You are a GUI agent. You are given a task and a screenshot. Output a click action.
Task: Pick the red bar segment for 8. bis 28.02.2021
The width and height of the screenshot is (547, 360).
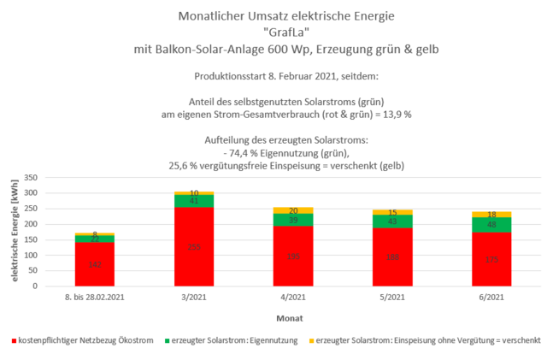click(96, 264)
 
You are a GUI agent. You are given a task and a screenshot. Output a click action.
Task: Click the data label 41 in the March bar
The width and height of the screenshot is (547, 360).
click(194, 201)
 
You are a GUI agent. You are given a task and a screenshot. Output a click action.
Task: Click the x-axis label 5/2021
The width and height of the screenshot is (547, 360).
click(391, 298)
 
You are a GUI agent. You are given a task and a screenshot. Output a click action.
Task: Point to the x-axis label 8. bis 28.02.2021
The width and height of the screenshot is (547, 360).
click(96, 298)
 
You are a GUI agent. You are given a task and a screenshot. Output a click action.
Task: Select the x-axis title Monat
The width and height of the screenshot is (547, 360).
click(292, 316)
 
